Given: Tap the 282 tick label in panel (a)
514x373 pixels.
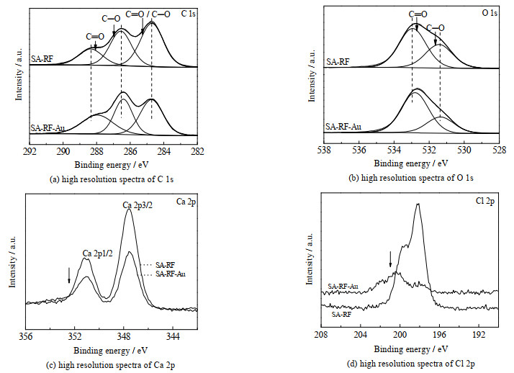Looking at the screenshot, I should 198,151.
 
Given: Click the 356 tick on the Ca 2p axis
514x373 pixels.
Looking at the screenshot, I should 26,336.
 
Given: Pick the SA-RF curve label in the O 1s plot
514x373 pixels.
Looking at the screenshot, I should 338,63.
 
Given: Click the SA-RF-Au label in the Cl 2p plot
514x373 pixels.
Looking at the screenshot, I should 345,287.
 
